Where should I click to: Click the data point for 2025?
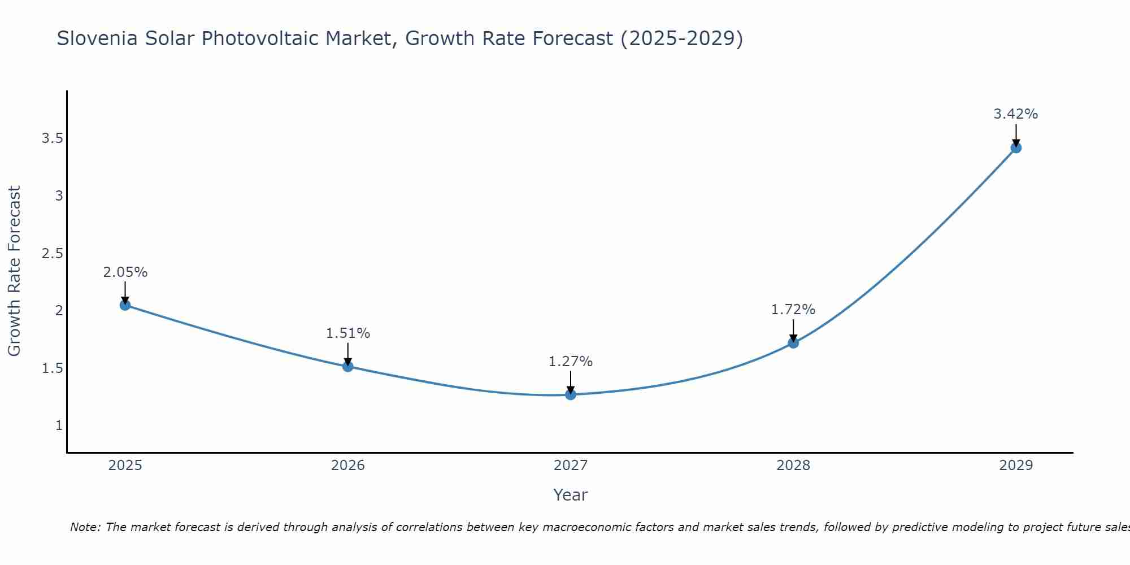tap(125, 305)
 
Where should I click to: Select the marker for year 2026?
tap(347, 366)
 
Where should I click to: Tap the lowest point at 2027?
tap(571, 394)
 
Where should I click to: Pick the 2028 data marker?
tap(793, 342)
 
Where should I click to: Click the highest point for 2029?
tap(1016, 147)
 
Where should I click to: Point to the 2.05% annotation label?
tap(125, 272)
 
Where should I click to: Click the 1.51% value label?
tap(347, 333)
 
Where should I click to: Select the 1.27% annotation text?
tap(571, 362)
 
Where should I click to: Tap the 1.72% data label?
tap(793, 310)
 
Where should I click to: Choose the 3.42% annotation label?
tap(1016, 114)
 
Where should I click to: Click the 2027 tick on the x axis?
tap(571, 466)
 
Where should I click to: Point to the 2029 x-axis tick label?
tap(1016, 466)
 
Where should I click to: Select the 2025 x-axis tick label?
tap(125, 466)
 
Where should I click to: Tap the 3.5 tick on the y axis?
tap(52, 138)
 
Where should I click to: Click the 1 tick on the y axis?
tap(59, 425)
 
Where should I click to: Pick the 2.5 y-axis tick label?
tap(52, 253)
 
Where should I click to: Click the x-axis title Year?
tap(571, 495)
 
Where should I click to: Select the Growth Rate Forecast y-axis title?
tap(14, 271)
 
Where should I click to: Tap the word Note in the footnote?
tap(85, 527)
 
